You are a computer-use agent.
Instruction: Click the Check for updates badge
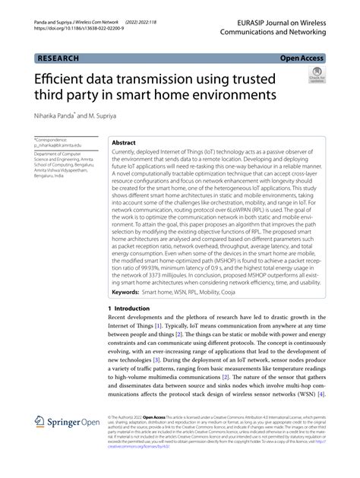tap(317, 78)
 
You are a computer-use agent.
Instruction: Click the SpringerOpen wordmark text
tap(77, 423)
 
